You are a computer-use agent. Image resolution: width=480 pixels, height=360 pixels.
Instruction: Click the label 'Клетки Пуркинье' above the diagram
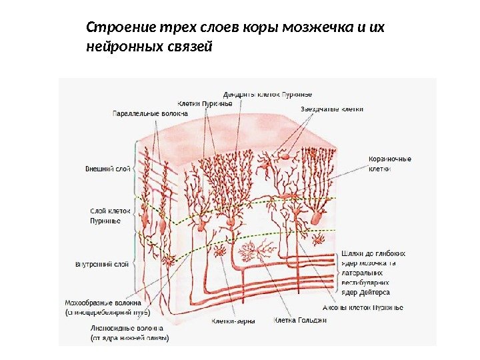tap(205, 103)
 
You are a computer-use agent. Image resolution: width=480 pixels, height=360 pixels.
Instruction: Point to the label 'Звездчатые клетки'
tap(332, 109)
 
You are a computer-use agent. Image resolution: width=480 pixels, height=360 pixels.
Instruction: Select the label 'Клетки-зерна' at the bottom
tap(230, 321)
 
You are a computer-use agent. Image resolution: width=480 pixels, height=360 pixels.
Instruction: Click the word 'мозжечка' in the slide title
tap(311, 29)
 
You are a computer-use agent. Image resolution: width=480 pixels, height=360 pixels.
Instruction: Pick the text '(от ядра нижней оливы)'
tap(130, 338)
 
